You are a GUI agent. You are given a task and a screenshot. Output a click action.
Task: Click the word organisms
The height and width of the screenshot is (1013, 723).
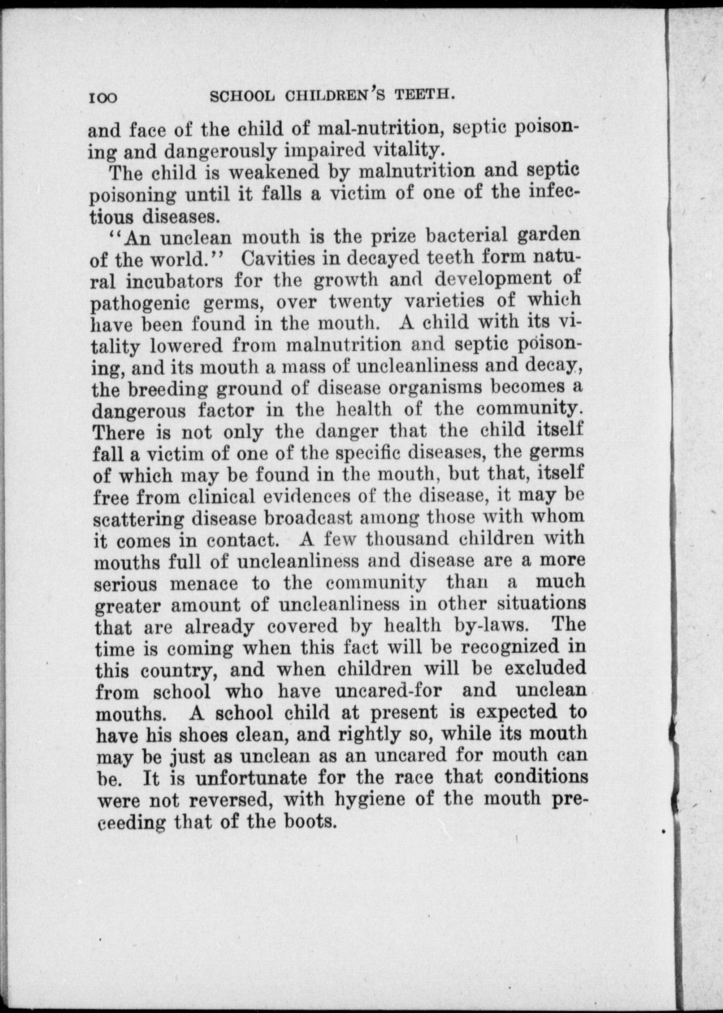coord(435,387)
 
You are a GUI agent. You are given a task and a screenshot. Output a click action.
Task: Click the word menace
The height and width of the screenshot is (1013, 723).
coord(204,584)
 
